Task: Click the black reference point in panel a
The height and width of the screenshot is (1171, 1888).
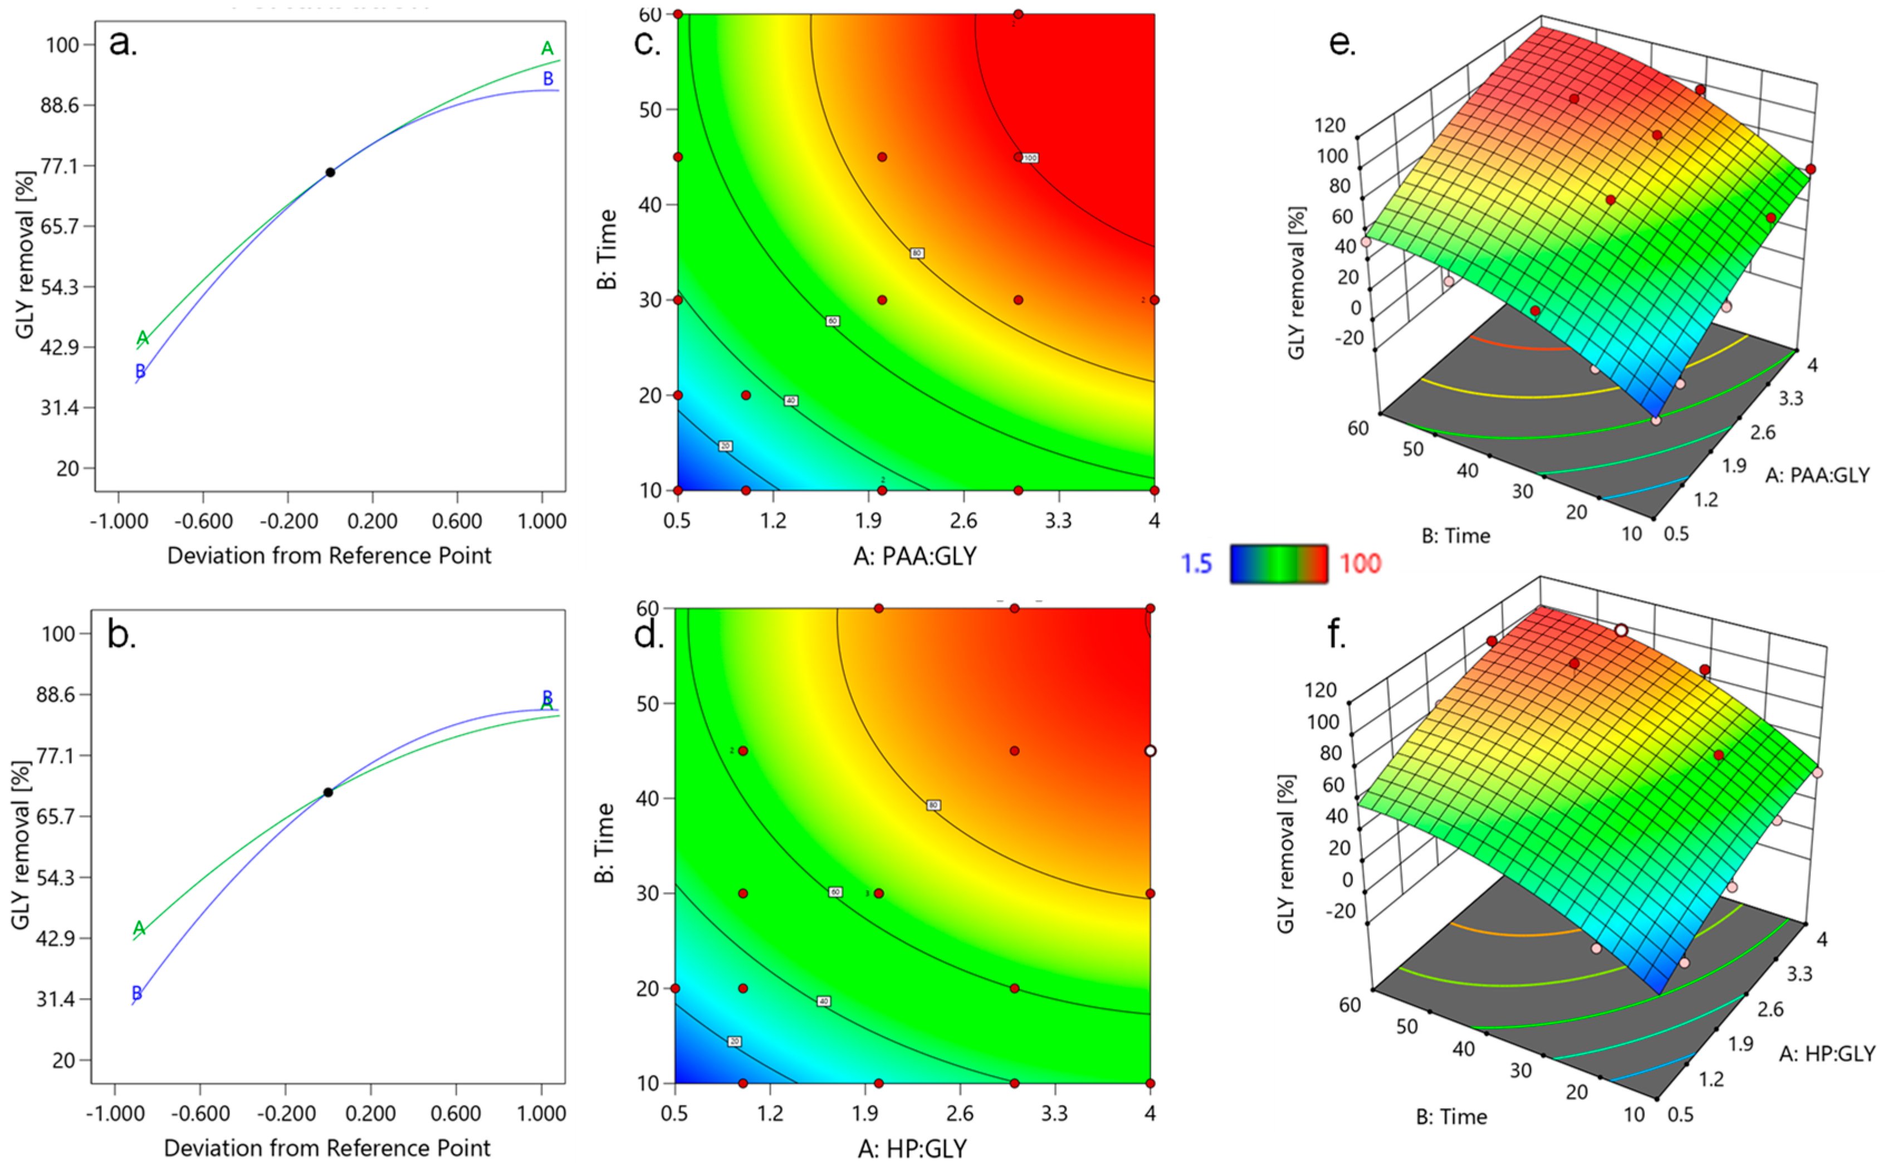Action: point(330,172)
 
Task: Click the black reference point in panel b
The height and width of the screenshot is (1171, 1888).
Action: point(328,792)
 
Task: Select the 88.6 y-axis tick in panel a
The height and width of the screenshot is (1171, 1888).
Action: point(60,105)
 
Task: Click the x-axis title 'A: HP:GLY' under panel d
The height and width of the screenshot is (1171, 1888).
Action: point(912,1148)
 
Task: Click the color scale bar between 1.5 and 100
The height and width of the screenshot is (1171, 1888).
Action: point(1278,564)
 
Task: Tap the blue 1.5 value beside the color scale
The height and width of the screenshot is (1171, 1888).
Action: point(1196,564)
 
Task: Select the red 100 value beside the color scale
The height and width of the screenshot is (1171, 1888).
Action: point(1360,564)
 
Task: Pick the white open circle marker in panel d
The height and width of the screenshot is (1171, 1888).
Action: point(1150,750)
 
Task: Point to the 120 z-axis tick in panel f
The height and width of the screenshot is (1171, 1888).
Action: point(1320,690)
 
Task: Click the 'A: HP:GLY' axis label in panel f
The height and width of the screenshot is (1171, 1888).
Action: point(1827,1054)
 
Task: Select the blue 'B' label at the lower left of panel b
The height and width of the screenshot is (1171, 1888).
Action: point(137,993)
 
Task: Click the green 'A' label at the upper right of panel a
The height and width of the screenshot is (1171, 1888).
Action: point(547,49)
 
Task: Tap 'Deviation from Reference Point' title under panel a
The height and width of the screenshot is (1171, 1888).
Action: point(329,556)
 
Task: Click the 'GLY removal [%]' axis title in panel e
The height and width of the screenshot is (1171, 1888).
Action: point(1297,282)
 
